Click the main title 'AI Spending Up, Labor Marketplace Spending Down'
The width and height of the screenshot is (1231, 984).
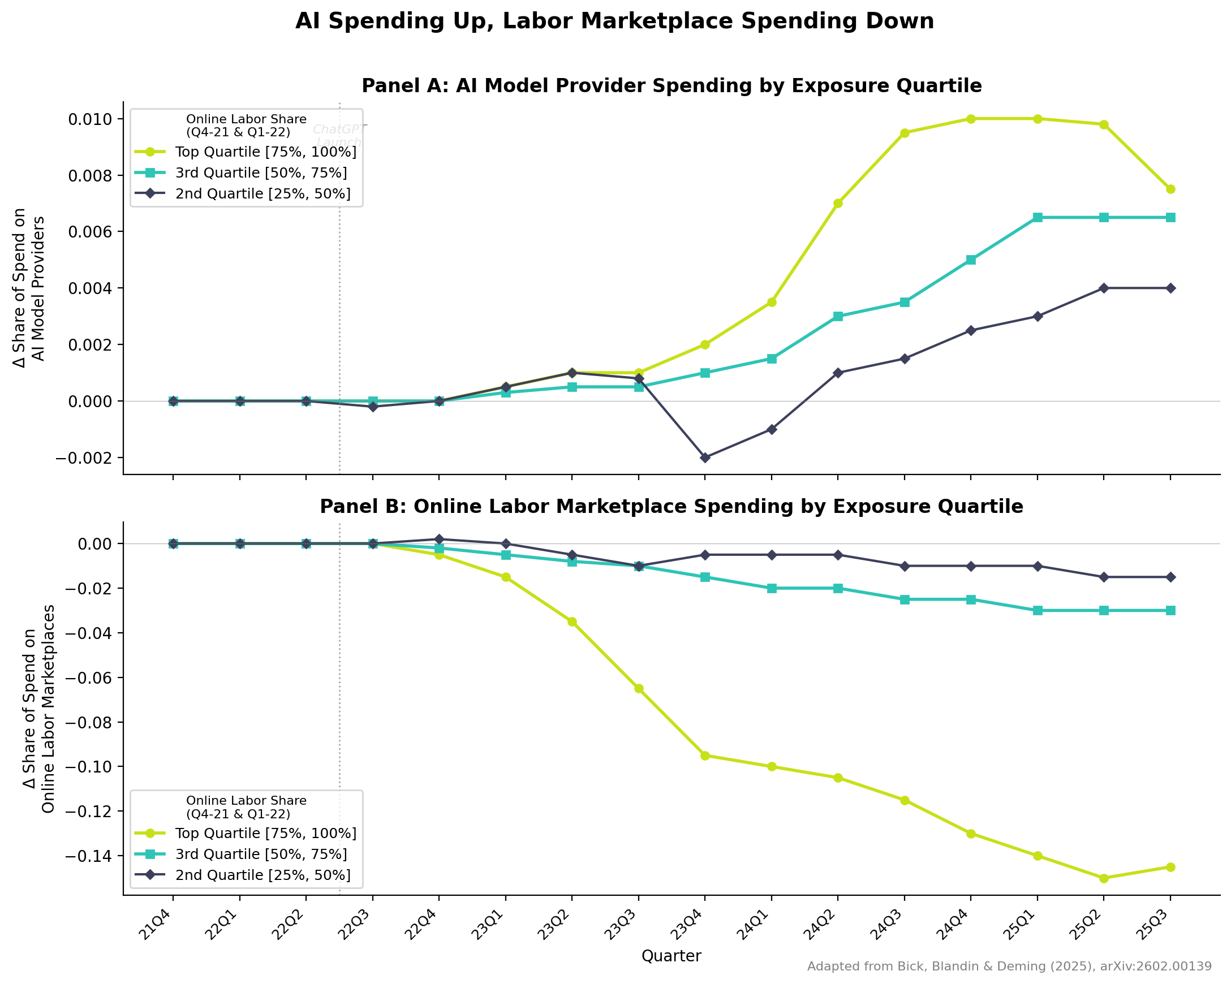614,21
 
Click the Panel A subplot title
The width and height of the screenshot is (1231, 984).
672,86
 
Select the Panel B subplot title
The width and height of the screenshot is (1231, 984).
672,507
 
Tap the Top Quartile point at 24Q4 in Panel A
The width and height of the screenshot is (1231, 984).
971,119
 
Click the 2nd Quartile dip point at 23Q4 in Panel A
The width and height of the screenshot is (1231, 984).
705,458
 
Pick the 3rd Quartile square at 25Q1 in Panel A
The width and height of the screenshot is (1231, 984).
1038,218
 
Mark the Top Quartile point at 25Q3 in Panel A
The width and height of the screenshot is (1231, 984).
1170,189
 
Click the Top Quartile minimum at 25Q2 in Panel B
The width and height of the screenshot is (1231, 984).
1104,878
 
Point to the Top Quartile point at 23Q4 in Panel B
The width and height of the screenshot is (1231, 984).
705,756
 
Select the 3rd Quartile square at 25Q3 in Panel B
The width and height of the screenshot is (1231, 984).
1170,611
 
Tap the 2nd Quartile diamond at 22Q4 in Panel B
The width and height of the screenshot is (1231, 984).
439,539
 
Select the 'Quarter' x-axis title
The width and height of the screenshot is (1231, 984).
672,956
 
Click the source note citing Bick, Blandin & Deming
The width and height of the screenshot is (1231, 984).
1009,967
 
